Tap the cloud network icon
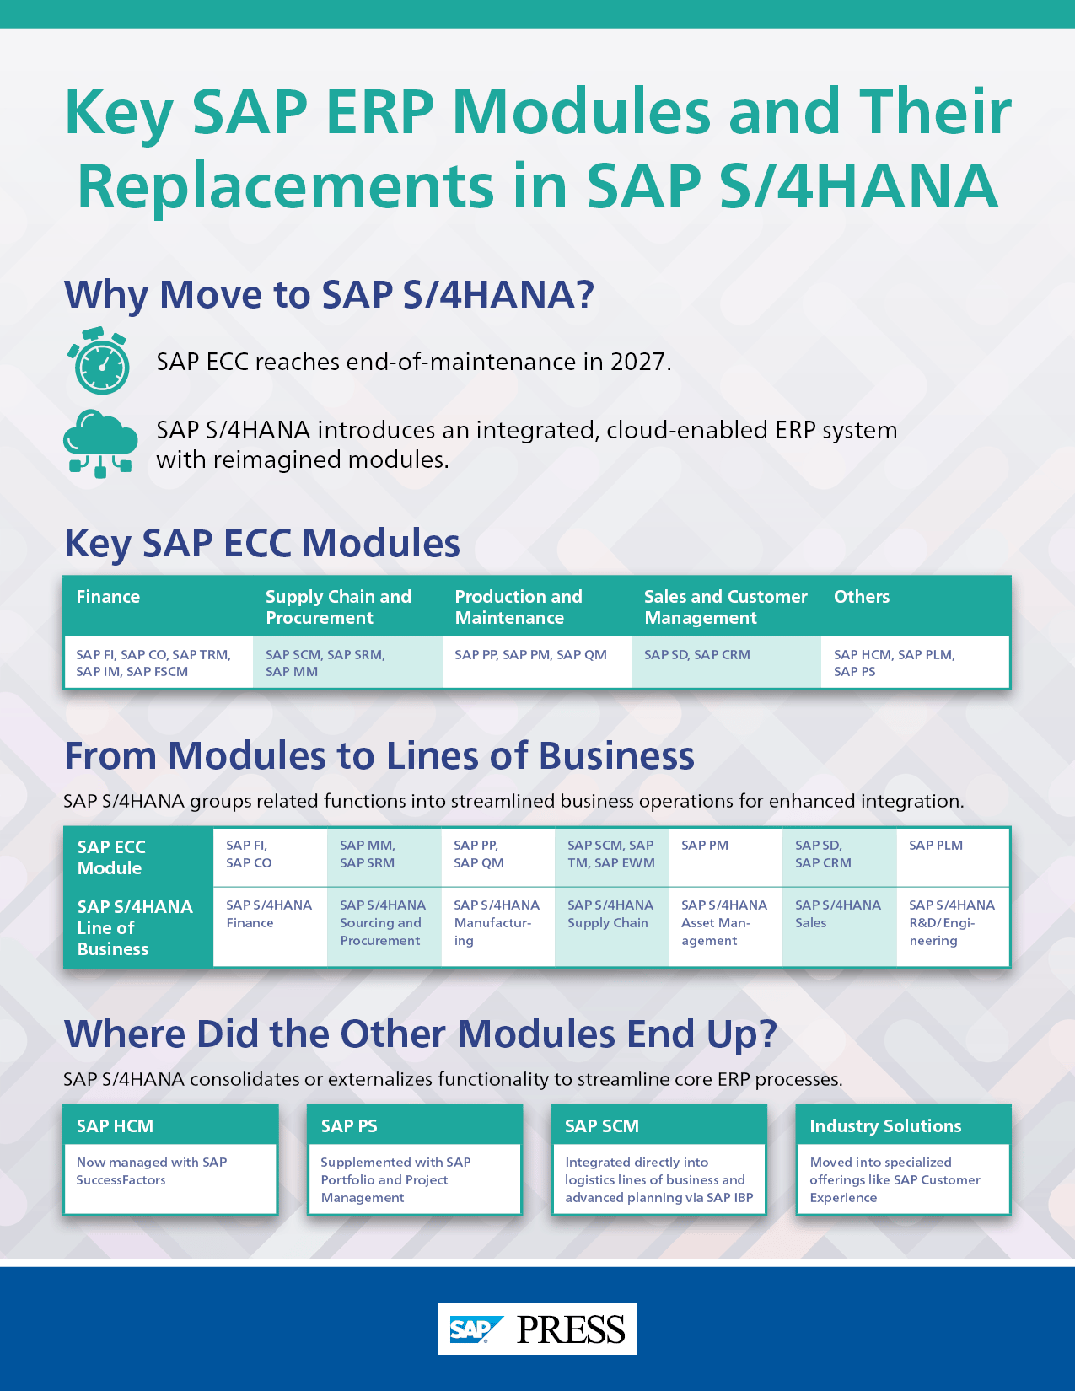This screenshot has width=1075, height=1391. pos(100,443)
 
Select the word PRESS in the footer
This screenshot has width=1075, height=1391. pos(571,1329)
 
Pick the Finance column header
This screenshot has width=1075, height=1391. pos(108,597)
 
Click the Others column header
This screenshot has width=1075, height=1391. pos(861,597)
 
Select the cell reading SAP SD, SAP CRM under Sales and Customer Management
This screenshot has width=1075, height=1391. pos(697,655)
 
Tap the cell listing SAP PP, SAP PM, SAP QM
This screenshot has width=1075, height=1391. pos(530,655)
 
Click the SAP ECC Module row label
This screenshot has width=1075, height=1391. pos(111,857)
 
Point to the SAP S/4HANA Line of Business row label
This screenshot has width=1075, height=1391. pos(135,927)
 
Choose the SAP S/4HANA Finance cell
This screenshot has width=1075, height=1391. pos(269,914)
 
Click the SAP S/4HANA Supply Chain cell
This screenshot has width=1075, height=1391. pos(610,914)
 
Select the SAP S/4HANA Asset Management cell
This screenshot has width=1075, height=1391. pos(724,922)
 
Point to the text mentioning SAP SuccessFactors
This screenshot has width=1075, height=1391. pos(152,1171)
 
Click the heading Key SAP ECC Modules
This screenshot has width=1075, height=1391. pos(262,543)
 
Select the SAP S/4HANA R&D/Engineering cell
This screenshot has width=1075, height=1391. pos(952,922)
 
